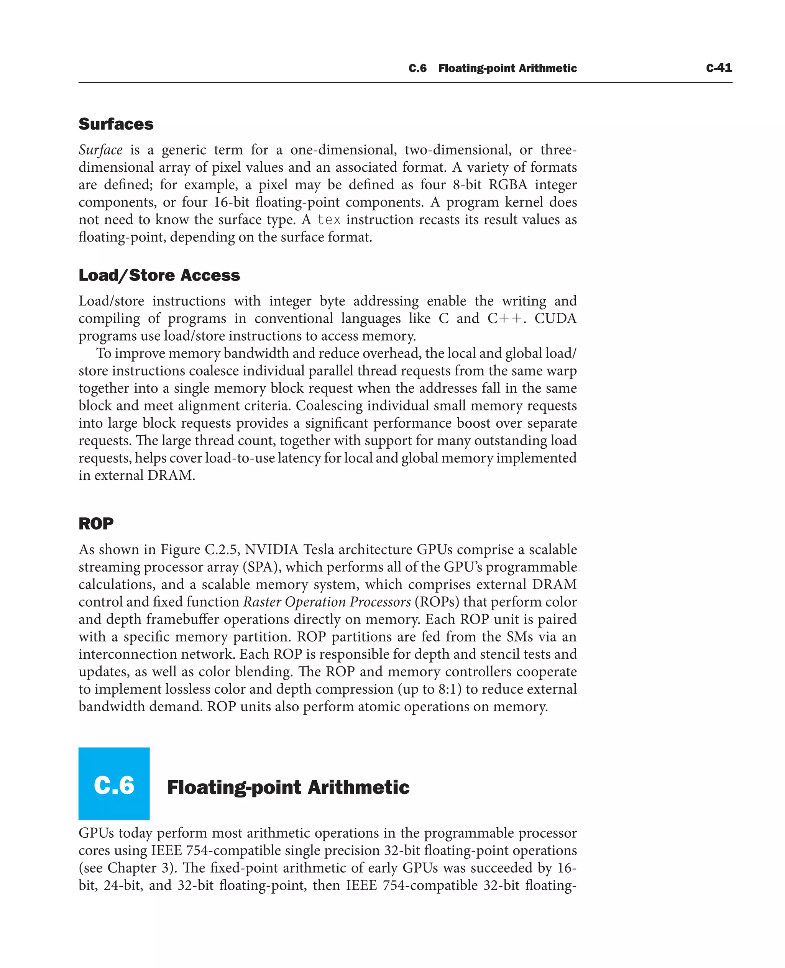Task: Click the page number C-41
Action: [719, 68]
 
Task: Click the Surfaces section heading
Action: [116, 124]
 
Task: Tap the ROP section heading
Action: [96, 523]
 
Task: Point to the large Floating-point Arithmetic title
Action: [288, 787]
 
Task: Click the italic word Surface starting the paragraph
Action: [100, 150]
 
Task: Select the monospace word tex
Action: [329, 220]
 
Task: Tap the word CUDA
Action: [555, 318]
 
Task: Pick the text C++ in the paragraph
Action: [506, 318]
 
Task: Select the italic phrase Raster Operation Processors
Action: [327, 602]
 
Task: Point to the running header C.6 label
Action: [417, 68]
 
